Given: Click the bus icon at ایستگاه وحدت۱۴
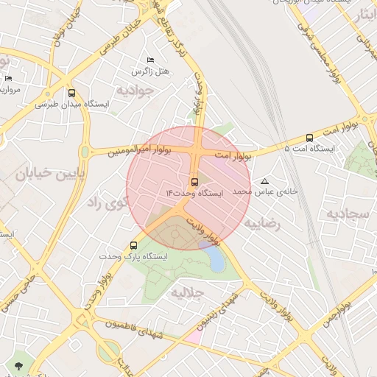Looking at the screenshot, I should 194,180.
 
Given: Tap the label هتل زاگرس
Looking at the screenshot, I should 151,71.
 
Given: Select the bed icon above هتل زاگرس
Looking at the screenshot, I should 151,60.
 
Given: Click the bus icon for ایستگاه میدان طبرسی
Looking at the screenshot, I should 71,94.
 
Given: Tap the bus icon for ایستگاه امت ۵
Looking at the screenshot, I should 309,138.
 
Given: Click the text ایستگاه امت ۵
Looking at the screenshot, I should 309,149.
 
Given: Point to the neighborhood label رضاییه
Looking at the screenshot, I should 264,222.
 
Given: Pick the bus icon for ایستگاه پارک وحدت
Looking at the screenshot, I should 133,245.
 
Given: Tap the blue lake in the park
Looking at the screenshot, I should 213,257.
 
